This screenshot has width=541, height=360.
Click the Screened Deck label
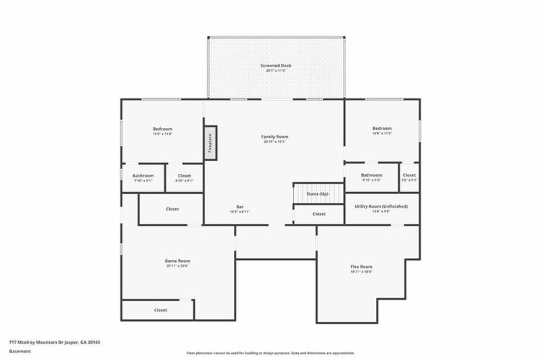275,68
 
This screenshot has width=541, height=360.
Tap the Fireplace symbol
210,141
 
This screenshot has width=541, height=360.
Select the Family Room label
275,139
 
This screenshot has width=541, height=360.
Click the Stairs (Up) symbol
317,194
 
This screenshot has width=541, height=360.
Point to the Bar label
240,209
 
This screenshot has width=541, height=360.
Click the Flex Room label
361,269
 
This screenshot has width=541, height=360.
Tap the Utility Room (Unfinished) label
381,208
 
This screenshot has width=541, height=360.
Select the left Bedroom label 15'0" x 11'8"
162,131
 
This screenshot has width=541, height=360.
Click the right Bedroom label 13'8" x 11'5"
381,131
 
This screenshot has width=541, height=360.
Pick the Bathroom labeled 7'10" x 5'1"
143,178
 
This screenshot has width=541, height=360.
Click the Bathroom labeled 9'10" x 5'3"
371,177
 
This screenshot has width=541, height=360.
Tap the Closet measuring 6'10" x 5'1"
184,178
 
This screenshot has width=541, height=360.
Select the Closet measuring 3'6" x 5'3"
409,177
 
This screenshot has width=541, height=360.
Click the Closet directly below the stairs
319,214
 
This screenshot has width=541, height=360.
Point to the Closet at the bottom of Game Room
160,310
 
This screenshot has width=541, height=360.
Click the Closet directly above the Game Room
172,209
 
